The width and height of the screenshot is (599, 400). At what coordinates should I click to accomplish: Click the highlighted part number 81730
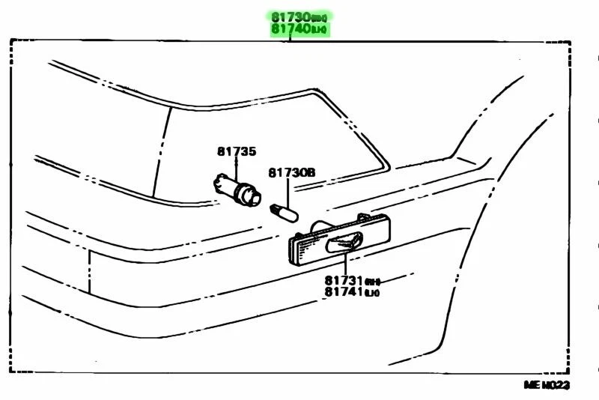pos(290,16)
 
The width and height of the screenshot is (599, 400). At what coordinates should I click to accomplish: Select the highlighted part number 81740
pos(290,29)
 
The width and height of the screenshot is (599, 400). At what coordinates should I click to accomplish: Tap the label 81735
pos(237,151)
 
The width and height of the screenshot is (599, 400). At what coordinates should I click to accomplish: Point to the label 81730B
pos(292,172)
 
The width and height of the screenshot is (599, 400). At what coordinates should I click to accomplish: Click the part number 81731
pos(344,281)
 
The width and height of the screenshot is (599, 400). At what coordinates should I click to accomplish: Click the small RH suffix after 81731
pos(373,282)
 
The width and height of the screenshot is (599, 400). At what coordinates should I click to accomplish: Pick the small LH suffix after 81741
pos(373,293)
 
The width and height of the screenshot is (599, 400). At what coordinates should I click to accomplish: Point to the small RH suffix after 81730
pos(320,17)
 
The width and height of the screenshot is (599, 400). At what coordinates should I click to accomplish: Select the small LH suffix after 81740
pos(320,30)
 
